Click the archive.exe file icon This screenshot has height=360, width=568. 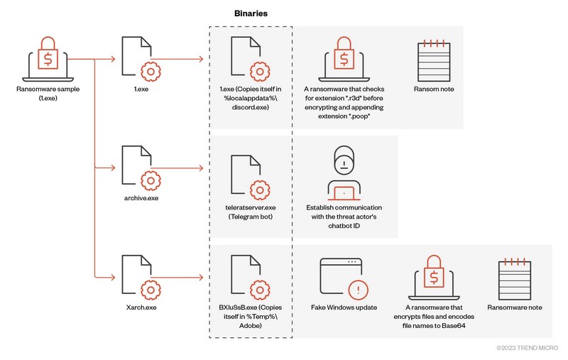pyautogui.click(x=139, y=168)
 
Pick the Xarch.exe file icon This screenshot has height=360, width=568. pyautogui.click(x=139, y=277)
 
